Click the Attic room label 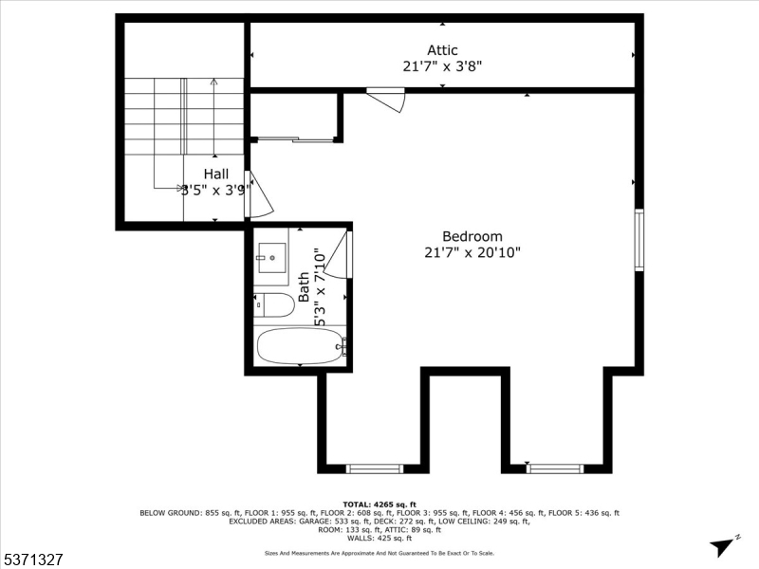(x=442, y=50)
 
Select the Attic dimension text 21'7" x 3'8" (x=442, y=66)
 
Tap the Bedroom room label (x=472, y=236)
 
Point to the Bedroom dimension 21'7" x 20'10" (x=472, y=252)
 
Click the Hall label (x=216, y=174)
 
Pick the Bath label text (x=304, y=287)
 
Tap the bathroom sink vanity (x=272, y=257)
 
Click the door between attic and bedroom (x=387, y=99)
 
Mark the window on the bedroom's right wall (x=639, y=240)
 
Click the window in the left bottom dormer (x=375, y=468)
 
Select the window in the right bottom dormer (x=555, y=468)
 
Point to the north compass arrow (x=725, y=544)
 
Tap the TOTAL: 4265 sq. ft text (x=379, y=504)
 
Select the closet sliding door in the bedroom (x=296, y=140)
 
